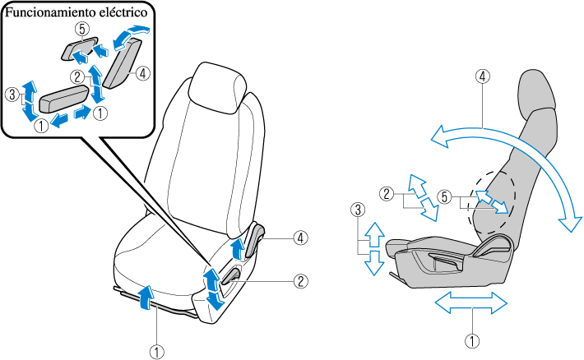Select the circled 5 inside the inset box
(x=81, y=28)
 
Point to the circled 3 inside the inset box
(x=11, y=95)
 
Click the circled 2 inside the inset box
(x=76, y=77)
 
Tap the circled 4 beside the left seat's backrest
(x=301, y=238)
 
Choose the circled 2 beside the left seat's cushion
(x=301, y=280)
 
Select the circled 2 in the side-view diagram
(x=386, y=195)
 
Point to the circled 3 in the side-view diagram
(x=356, y=210)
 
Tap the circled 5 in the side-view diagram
(x=445, y=196)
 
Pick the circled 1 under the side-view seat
(x=471, y=337)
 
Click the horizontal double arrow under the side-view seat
(x=471, y=303)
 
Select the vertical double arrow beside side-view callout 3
(x=374, y=247)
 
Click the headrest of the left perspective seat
(x=217, y=85)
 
